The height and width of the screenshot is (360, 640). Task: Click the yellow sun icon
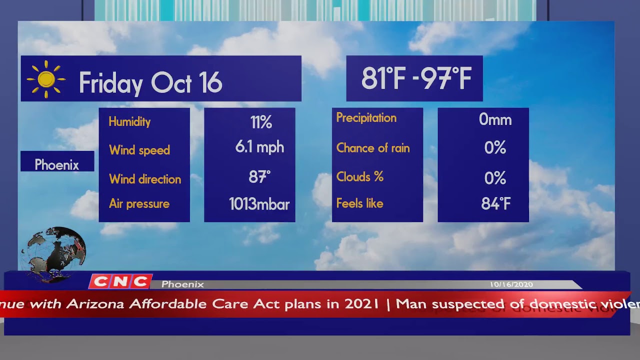click(x=46, y=79)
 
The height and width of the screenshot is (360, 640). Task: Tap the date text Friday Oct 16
click(x=150, y=82)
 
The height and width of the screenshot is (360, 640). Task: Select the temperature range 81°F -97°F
click(x=416, y=78)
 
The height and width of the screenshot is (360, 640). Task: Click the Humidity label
click(x=129, y=121)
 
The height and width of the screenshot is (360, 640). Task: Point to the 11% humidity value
click(x=261, y=122)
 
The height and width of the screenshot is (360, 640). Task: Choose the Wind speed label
click(x=139, y=150)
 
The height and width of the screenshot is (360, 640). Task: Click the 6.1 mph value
click(x=259, y=147)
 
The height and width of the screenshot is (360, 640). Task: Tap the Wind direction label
click(x=145, y=179)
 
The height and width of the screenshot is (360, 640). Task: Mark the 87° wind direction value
click(x=259, y=177)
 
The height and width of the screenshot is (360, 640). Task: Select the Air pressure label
click(x=139, y=204)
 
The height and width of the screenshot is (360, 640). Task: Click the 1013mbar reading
click(x=259, y=204)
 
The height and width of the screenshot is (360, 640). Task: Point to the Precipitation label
click(x=366, y=118)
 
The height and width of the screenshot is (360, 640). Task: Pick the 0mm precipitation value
click(x=495, y=119)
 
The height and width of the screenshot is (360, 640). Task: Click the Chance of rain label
click(x=372, y=148)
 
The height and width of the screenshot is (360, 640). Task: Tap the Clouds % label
click(x=359, y=177)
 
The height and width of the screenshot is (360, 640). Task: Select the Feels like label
click(x=359, y=203)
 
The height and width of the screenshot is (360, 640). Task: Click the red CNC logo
click(x=120, y=281)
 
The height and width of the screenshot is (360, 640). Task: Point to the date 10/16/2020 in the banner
click(x=511, y=284)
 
